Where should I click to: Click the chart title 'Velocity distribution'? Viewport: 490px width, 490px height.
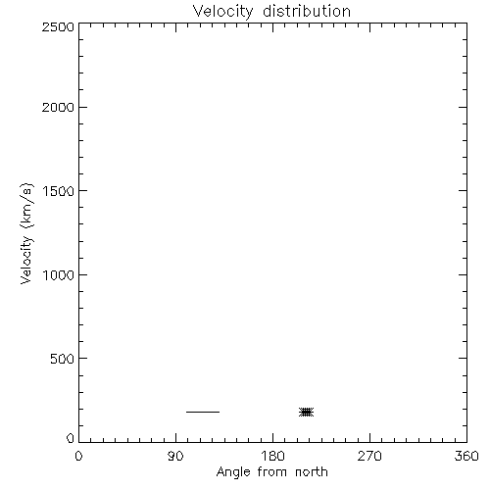point(271,12)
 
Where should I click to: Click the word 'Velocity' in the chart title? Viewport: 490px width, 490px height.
point(222,12)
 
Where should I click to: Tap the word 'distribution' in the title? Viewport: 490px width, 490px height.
point(307,11)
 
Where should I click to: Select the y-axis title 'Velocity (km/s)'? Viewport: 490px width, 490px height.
point(26,233)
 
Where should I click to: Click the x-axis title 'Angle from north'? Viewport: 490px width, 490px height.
point(271,472)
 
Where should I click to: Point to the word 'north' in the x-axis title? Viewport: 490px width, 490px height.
point(312,471)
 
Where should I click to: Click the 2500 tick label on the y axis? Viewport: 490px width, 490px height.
point(58,26)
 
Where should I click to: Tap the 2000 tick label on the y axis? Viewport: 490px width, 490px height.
point(58,107)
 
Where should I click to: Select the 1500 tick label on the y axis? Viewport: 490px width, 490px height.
point(59,191)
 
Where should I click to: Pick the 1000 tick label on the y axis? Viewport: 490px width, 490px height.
point(59,275)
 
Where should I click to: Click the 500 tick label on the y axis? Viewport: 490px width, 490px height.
point(63,359)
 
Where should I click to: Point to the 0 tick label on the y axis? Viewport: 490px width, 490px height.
point(71,438)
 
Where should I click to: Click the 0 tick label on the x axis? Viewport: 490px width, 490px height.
point(78,456)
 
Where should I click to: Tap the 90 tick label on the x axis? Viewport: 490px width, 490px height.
point(175,456)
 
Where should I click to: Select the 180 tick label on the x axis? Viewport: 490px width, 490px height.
point(272,456)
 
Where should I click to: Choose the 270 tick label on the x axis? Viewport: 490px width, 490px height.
point(369,456)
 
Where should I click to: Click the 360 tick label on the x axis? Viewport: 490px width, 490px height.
point(466,456)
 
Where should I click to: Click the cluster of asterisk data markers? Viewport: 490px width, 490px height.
point(307,413)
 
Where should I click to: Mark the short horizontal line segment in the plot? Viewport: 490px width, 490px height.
point(203,412)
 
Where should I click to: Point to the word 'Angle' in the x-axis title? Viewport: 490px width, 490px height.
point(233,472)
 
